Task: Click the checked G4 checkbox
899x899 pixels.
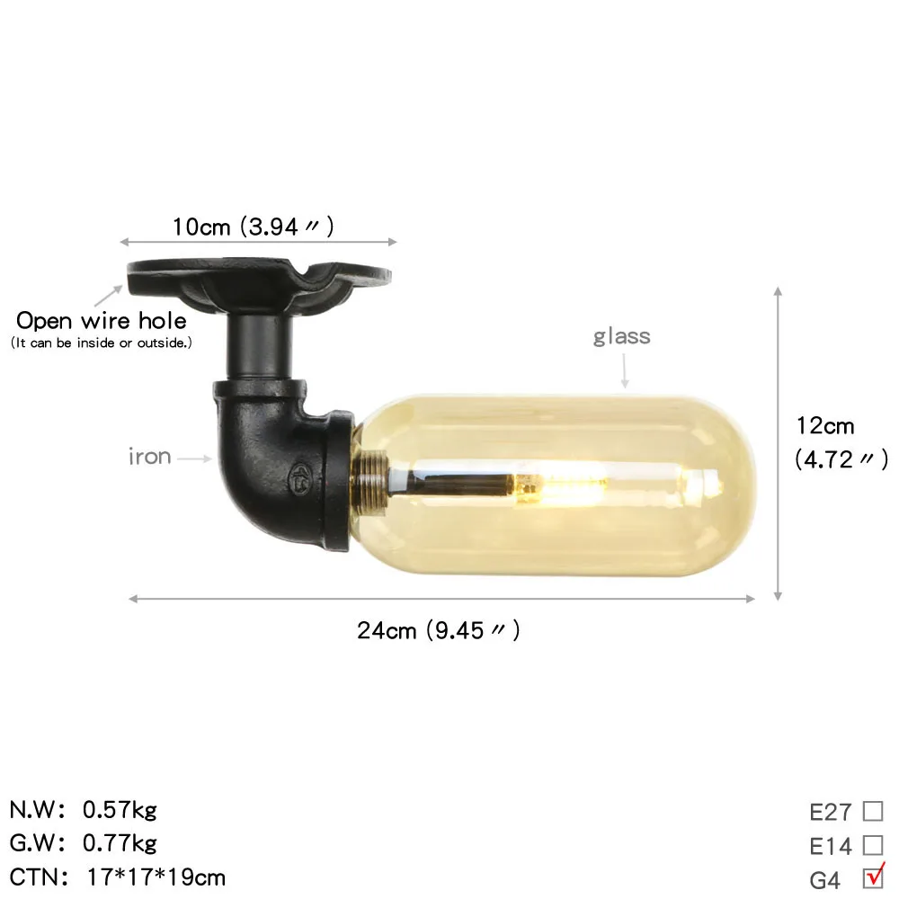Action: [873, 877]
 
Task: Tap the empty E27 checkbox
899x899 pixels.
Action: [873, 811]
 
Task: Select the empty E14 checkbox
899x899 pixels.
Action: [873, 845]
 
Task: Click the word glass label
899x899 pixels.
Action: [621, 336]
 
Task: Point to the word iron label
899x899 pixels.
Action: [149, 457]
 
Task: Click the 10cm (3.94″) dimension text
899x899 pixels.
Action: [253, 227]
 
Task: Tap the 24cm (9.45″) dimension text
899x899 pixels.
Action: [438, 630]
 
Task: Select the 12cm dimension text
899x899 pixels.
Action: [825, 426]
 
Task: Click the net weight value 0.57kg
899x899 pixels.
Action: [120, 810]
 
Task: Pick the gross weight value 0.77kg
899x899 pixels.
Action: [120, 843]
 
